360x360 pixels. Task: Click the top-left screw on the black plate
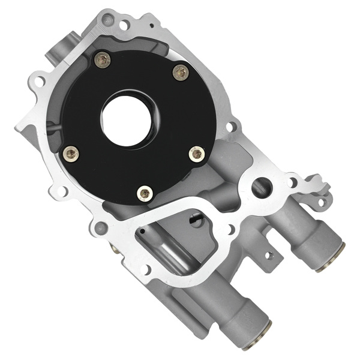(103, 59)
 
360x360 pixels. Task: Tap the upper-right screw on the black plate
(181, 73)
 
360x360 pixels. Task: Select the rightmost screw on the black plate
(196, 154)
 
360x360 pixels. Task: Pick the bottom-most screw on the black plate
(145, 193)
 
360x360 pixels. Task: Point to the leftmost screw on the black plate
(71, 154)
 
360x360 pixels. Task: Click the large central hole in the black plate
(127, 118)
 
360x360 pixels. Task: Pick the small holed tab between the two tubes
(270, 255)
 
